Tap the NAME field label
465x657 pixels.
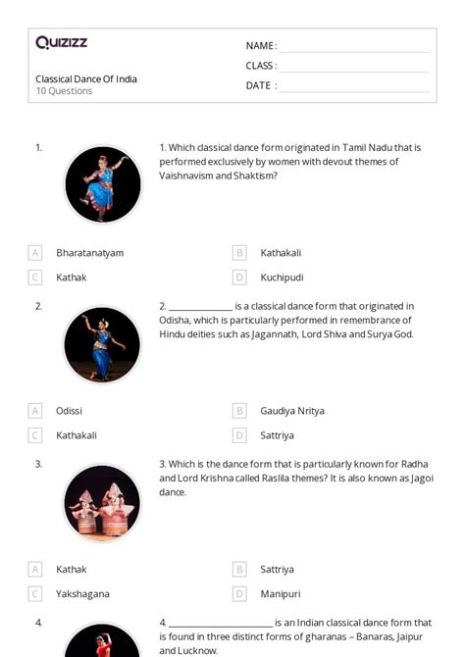click(260, 46)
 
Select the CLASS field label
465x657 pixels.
click(261, 66)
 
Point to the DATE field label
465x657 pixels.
click(260, 85)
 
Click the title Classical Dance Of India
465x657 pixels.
click(86, 78)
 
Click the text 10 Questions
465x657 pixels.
click(64, 91)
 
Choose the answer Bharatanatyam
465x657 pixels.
click(89, 253)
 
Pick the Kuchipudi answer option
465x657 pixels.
click(282, 278)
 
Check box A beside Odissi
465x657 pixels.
click(35, 411)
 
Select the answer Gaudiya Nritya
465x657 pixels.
click(291, 411)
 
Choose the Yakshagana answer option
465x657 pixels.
click(82, 593)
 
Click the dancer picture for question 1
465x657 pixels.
click(103, 184)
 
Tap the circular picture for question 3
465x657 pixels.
click(103, 502)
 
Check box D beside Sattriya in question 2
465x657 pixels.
click(239, 435)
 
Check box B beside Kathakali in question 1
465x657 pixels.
click(239, 253)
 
